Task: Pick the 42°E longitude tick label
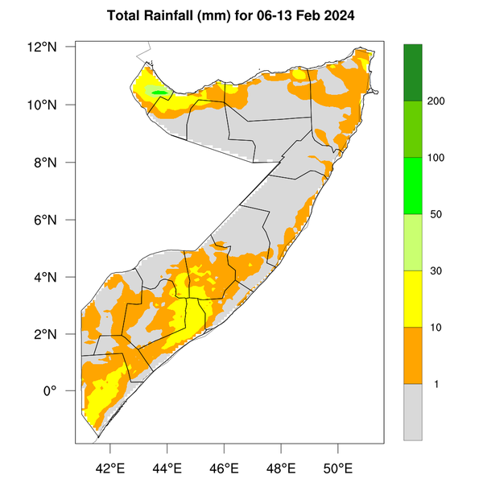point(110,467)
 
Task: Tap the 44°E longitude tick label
point(167,467)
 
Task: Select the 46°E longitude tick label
point(224,467)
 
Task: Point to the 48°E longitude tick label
point(281,467)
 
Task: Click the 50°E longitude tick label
point(337,467)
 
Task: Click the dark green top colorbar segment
point(413,72)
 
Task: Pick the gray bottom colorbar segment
point(413,411)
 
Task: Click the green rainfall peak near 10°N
point(159,93)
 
